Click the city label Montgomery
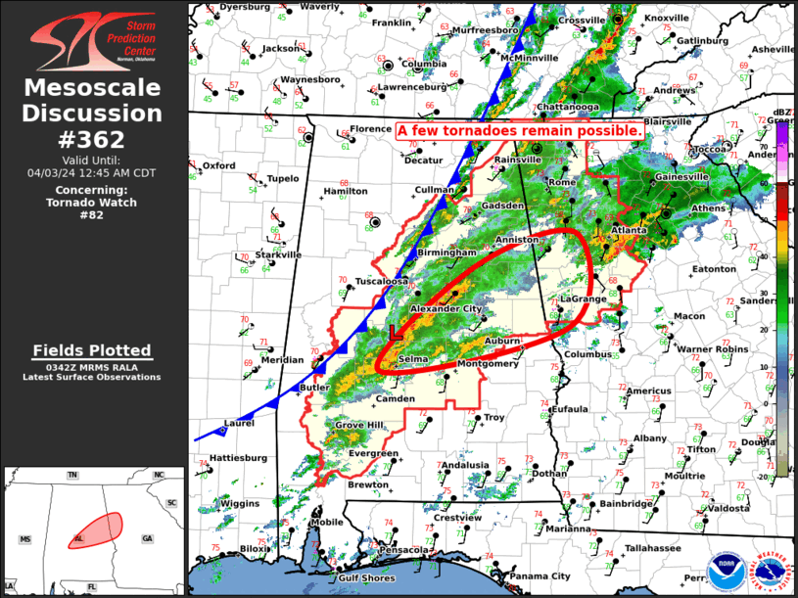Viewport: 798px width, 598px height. click(x=488, y=364)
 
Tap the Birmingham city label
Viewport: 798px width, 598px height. click(x=446, y=253)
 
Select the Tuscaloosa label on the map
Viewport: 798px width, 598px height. click(x=381, y=281)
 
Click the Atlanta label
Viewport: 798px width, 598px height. click(x=629, y=230)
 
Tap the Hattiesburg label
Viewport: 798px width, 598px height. click(x=239, y=457)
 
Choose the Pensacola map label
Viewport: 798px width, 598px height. click(x=405, y=550)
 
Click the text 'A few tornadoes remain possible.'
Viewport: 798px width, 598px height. click(x=520, y=129)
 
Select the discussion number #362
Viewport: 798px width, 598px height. click(x=93, y=139)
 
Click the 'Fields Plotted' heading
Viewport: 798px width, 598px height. click(x=92, y=350)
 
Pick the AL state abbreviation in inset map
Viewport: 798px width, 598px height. click(x=79, y=539)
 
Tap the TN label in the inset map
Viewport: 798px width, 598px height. click(x=71, y=476)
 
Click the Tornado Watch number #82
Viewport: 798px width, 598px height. click(x=92, y=214)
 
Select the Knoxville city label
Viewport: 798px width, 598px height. click(x=667, y=19)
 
